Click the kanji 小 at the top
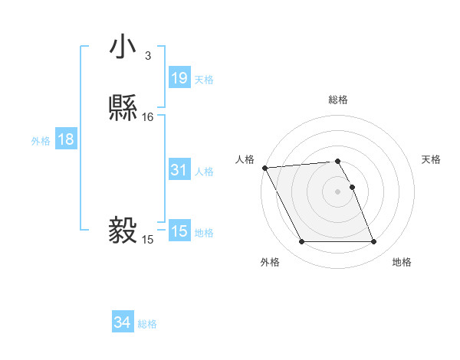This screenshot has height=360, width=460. pyautogui.click(x=123, y=47)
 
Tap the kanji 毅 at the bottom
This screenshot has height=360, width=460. pyautogui.click(x=123, y=229)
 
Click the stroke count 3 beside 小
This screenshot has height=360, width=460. pyautogui.click(x=148, y=56)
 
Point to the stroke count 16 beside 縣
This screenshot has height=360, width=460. pyautogui.click(x=148, y=117)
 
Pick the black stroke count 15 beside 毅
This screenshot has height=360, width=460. pyautogui.click(x=148, y=240)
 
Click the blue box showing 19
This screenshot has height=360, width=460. pyautogui.click(x=179, y=77)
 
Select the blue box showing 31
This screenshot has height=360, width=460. pyautogui.click(x=179, y=170)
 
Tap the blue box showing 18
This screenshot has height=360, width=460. pyautogui.click(x=66, y=139)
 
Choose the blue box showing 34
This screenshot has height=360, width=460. pyautogui.click(x=123, y=323)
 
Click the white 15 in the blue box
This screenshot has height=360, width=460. pyautogui.click(x=179, y=231)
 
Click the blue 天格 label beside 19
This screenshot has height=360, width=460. pyautogui.click(x=204, y=79)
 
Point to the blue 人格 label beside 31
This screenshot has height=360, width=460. pyautogui.click(x=204, y=172)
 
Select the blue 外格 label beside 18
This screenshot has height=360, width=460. pyautogui.click(x=41, y=141)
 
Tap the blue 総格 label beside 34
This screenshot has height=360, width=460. pyautogui.click(x=147, y=325)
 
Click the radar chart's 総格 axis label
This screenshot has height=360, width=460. pyautogui.click(x=338, y=100)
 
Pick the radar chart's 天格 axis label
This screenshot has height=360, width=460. pyautogui.click(x=432, y=159)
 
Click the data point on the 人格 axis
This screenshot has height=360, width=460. pyautogui.click(x=264, y=168)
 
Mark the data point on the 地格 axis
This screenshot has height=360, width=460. pyautogui.click(x=373, y=242)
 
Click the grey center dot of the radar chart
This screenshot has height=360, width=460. pyautogui.click(x=338, y=191)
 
